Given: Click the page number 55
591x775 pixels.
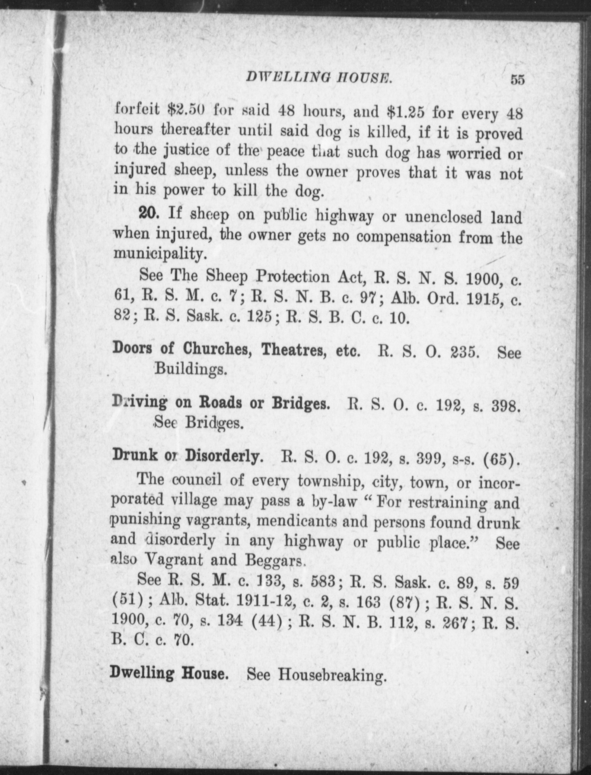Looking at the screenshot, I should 517,79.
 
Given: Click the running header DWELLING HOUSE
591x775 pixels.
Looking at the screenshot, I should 319,77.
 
